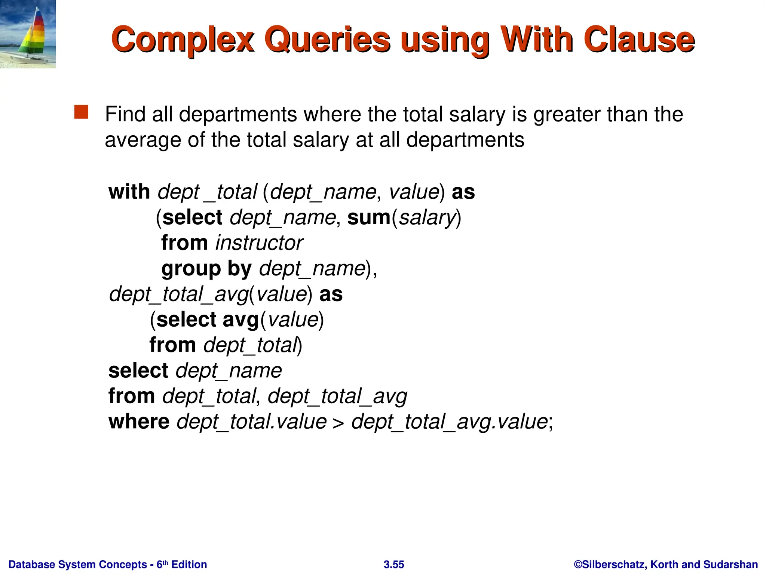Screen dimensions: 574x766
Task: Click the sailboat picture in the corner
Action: [28, 34]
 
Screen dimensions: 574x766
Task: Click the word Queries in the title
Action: [327, 40]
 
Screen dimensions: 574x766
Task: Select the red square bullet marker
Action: [81, 112]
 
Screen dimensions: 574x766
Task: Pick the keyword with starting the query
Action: [129, 192]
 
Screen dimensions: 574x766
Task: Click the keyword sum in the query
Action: [369, 217]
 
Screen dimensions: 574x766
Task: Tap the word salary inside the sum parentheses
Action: [426, 218]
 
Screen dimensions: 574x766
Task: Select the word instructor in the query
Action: [259, 243]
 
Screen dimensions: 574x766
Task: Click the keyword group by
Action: [206, 269]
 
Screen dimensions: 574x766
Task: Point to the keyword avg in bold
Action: [240, 320]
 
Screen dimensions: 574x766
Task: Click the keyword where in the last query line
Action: [139, 422]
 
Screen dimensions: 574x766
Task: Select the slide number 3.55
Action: [394, 564]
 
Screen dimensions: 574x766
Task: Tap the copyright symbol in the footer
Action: [578, 564]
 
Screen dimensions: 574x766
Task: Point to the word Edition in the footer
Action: [189, 564]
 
